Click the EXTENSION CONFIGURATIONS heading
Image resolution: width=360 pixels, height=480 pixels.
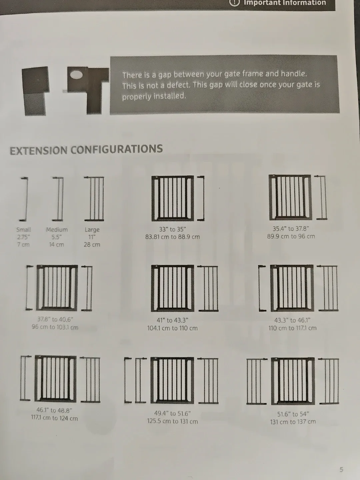pos(86,150)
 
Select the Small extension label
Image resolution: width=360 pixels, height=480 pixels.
pos(24,230)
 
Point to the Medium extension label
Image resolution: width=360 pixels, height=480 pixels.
pos(57,230)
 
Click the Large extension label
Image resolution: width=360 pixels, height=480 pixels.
pos(92,230)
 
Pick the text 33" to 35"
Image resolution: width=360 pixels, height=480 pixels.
pos(172,229)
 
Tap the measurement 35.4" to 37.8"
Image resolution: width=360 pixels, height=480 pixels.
pos(291,229)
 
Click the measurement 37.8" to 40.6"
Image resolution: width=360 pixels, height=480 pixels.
pos(55,319)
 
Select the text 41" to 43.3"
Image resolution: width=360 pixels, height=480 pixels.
pos(172,320)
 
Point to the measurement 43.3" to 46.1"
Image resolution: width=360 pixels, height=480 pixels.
pos(292,320)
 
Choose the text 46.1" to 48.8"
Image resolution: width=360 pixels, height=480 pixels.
pos(54,410)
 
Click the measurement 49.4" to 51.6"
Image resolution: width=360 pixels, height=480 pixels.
pos(172,413)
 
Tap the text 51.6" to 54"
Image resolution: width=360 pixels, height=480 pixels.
pos(293,414)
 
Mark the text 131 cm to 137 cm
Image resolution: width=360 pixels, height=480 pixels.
pos(293,422)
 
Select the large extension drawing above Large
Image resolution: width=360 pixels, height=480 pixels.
pos(94,199)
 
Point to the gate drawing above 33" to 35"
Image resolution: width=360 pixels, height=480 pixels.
pos(172,198)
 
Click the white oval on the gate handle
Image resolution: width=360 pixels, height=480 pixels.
pos(76,75)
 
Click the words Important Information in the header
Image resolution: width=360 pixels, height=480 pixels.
pos(285,3)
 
